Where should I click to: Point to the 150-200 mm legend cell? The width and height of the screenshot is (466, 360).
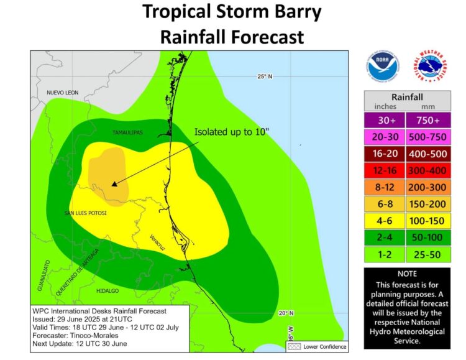click(429, 204)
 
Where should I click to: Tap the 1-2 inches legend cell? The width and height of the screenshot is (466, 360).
click(385, 254)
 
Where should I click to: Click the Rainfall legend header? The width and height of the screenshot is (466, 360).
click(407, 97)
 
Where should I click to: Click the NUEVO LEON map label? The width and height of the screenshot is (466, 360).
click(63, 93)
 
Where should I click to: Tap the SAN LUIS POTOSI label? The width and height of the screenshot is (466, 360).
click(85, 213)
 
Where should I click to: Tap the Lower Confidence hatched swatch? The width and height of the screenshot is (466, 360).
click(294, 346)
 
